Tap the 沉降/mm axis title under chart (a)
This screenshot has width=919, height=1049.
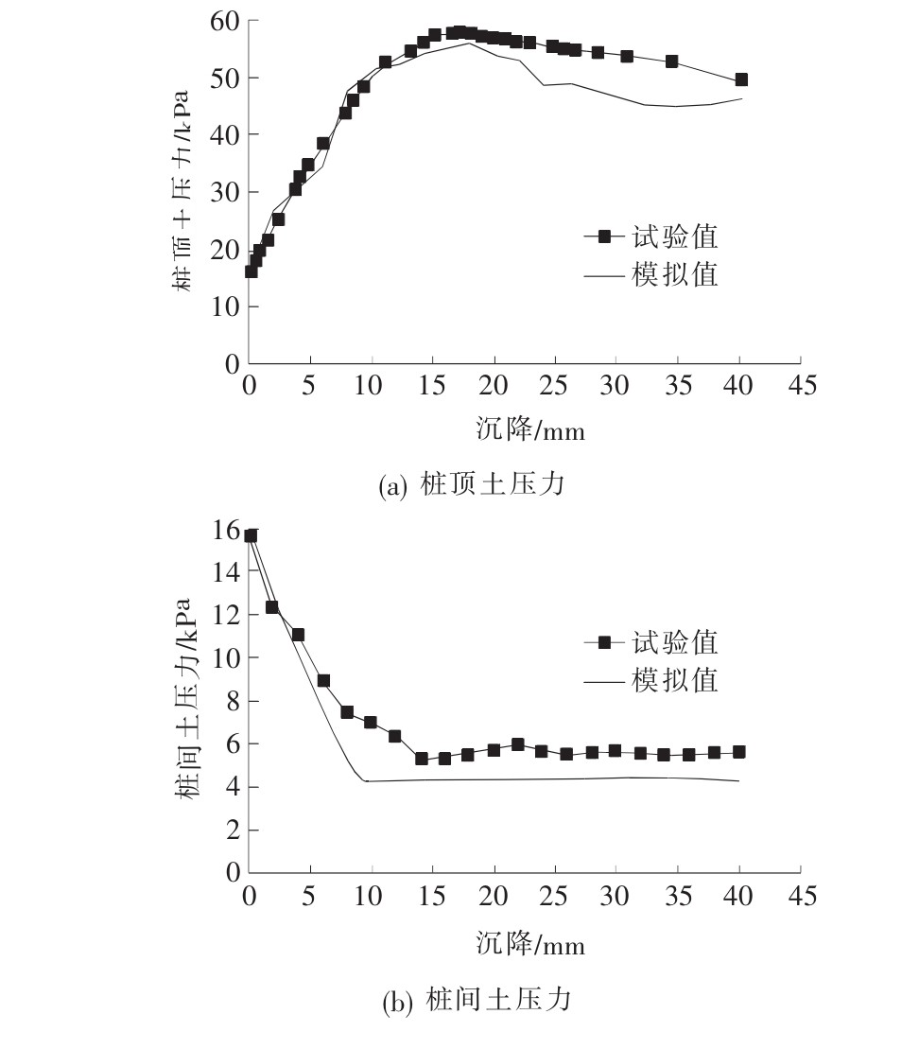click(x=529, y=430)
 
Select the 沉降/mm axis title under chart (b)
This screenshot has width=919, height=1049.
click(x=529, y=943)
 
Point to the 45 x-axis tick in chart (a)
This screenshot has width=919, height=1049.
click(x=800, y=385)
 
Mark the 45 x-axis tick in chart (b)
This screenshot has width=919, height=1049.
click(x=800, y=895)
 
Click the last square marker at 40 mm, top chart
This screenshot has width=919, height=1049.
click(x=740, y=79)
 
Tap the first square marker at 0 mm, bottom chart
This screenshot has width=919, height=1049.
click(x=251, y=535)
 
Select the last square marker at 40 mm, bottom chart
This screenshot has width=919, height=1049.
click(x=738, y=752)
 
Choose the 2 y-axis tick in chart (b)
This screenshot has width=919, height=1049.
click(x=232, y=830)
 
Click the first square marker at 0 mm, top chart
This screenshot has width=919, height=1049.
click(x=251, y=271)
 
